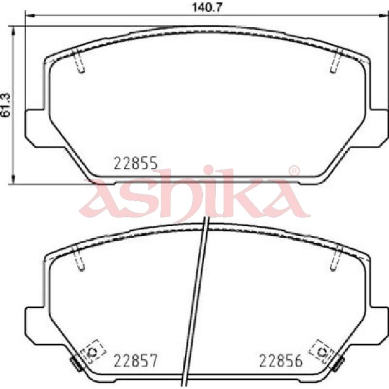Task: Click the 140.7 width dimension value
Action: click(x=206, y=8)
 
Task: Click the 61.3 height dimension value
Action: click(x=6, y=105)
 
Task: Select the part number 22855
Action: click(x=136, y=163)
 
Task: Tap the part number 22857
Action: click(x=136, y=361)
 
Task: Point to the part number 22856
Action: click(x=281, y=361)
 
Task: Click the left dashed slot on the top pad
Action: click(x=79, y=60)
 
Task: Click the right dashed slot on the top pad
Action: click(x=336, y=60)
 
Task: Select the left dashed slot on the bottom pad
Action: click(x=79, y=258)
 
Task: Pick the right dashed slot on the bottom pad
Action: click(x=336, y=258)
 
